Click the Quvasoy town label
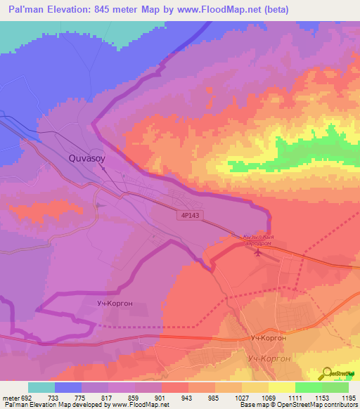point(87,159)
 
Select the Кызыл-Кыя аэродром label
point(262,240)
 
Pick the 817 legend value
point(109,398)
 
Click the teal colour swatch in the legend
point(41,387)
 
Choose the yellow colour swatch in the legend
point(281,387)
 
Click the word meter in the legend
point(11,398)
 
